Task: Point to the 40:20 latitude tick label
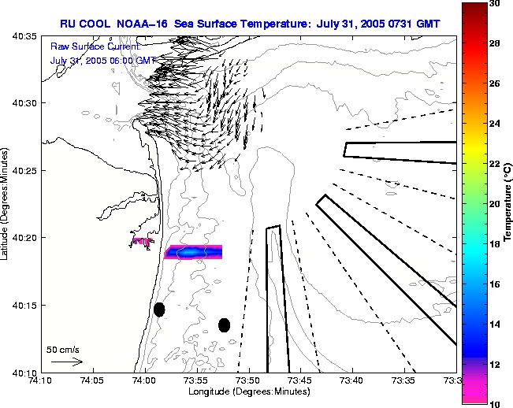(x=23, y=238)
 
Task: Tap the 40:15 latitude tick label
(x=23, y=305)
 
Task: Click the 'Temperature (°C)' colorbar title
(x=509, y=203)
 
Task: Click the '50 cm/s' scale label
(x=63, y=349)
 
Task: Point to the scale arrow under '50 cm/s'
(x=66, y=362)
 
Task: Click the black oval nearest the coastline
(x=159, y=310)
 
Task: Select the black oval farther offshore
(x=224, y=325)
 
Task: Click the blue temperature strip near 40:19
(x=193, y=252)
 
